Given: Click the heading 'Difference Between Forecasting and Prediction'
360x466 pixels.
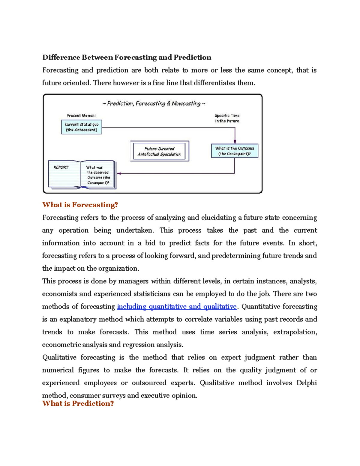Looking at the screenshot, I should coord(127,57).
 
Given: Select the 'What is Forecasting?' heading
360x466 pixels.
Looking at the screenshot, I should coord(80,205).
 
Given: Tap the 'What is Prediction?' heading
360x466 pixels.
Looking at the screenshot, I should coord(78,403).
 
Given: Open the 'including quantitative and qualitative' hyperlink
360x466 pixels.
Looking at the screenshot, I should coord(177,306).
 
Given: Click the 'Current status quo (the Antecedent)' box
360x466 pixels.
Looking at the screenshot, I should coord(82,127).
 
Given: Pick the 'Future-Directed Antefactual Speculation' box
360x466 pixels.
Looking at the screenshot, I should coord(159,151).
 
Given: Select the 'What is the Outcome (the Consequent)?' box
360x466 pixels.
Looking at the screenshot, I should coord(235,151).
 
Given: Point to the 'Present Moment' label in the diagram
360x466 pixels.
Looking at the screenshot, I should coord(82,116).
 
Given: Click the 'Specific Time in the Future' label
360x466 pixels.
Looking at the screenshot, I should coord(227,118).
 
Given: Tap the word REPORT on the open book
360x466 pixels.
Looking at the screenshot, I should coord(61,167).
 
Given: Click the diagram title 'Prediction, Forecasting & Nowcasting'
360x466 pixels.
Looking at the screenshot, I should coord(154,104).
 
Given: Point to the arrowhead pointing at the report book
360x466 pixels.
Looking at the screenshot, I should coord(119,173).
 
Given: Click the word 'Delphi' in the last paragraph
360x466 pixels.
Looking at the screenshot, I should coord(306,383).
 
